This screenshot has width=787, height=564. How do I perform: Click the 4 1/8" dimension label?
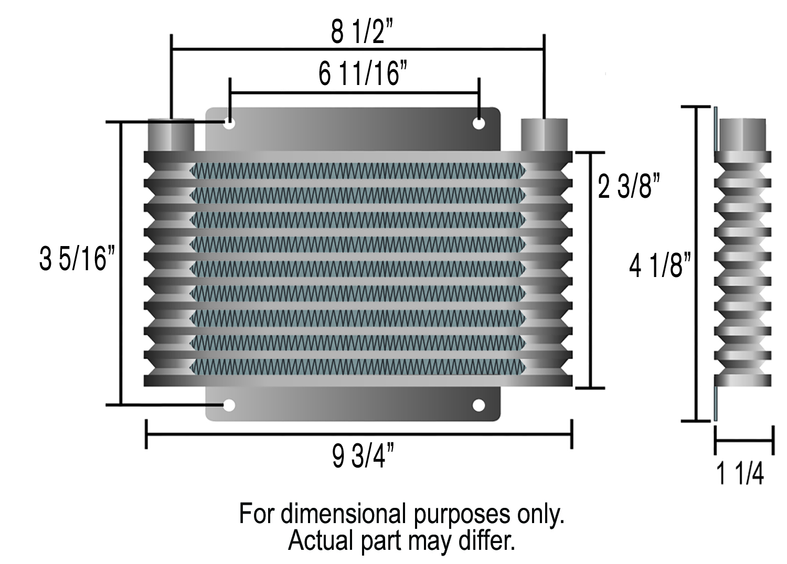pyautogui.click(x=660, y=265)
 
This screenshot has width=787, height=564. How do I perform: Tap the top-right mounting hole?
pyautogui.click(x=478, y=123)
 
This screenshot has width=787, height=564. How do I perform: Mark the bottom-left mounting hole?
pyautogui.click(x=229, y=405)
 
